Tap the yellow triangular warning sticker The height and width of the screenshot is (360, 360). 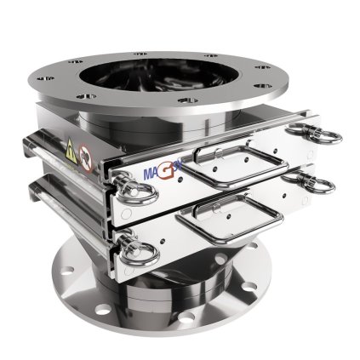coord(68,154)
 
